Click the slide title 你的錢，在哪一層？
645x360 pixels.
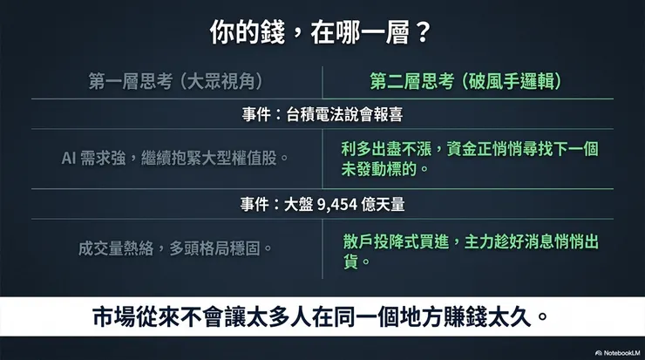(x=322, y=32)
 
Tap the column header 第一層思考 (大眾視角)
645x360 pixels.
(x=175, y=81)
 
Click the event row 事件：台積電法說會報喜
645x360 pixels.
(x=322, y=113)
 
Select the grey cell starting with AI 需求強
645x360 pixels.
(x=175, y=158)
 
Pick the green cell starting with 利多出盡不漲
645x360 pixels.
(x=471, y=158)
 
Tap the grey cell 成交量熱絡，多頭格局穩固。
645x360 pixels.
(x=175, y=248)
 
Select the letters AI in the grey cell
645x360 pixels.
(x=71, y=158)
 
